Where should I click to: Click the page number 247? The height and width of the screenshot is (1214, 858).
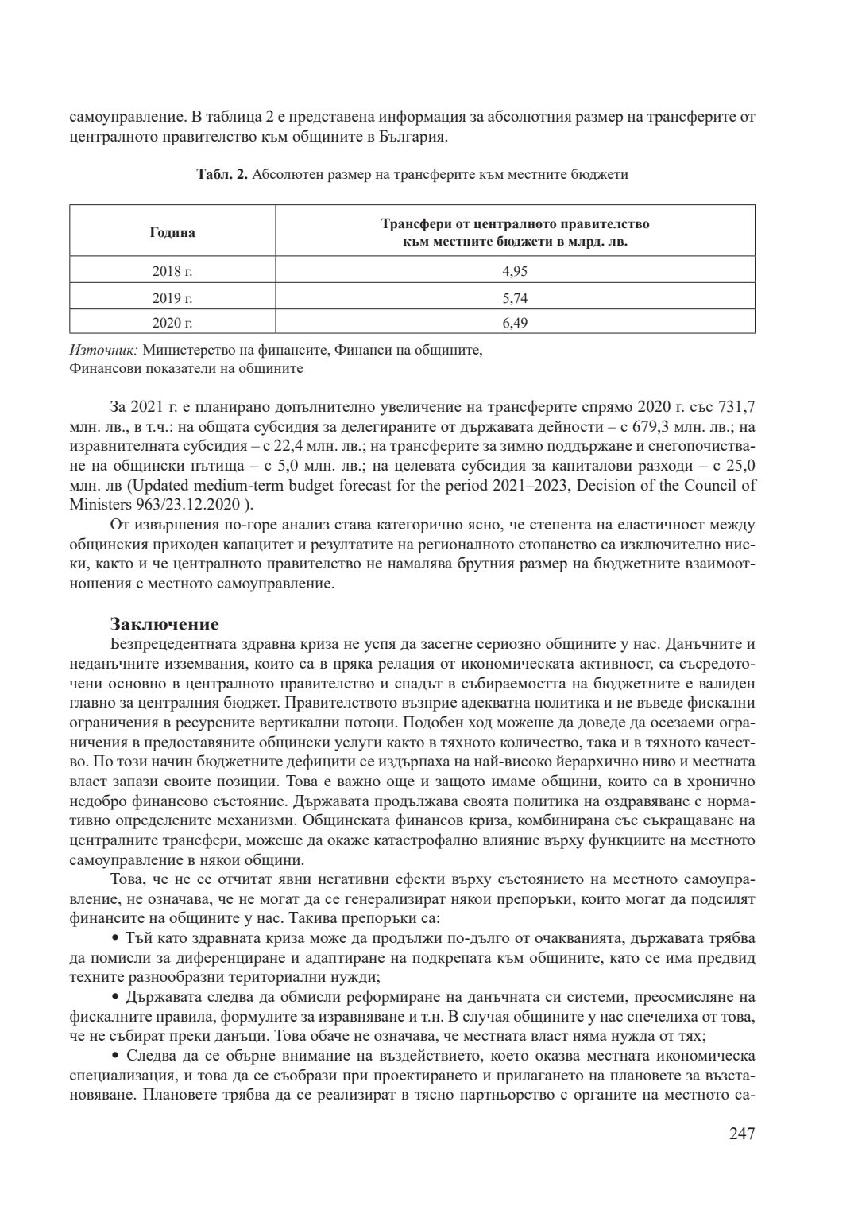coord(741,1134)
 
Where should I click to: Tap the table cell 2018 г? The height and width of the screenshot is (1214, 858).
coord(172,271)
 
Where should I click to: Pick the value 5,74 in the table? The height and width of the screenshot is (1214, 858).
coord(515,298)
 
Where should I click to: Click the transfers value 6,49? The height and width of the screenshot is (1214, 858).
coord(515,323)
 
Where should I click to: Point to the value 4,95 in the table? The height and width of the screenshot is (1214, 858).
coord(515,271)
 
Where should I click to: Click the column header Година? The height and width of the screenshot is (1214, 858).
coord(172,233)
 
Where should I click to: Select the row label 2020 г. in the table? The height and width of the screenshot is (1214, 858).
coord(172,323)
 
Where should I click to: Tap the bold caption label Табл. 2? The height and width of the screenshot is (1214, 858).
coord(222,175)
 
